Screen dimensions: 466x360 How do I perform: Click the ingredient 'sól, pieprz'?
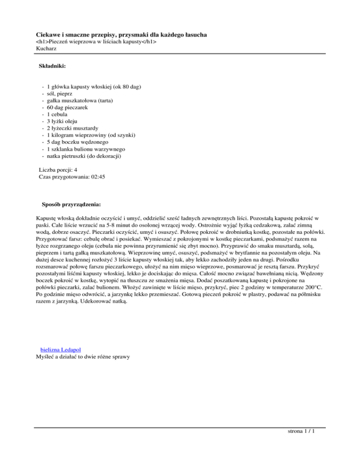point(61,93)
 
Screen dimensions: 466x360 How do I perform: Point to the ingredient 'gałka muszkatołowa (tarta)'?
point(80,100)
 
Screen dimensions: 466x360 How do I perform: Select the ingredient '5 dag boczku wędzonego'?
point(77,141)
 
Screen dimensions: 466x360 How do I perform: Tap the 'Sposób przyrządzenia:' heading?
point(71,205)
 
